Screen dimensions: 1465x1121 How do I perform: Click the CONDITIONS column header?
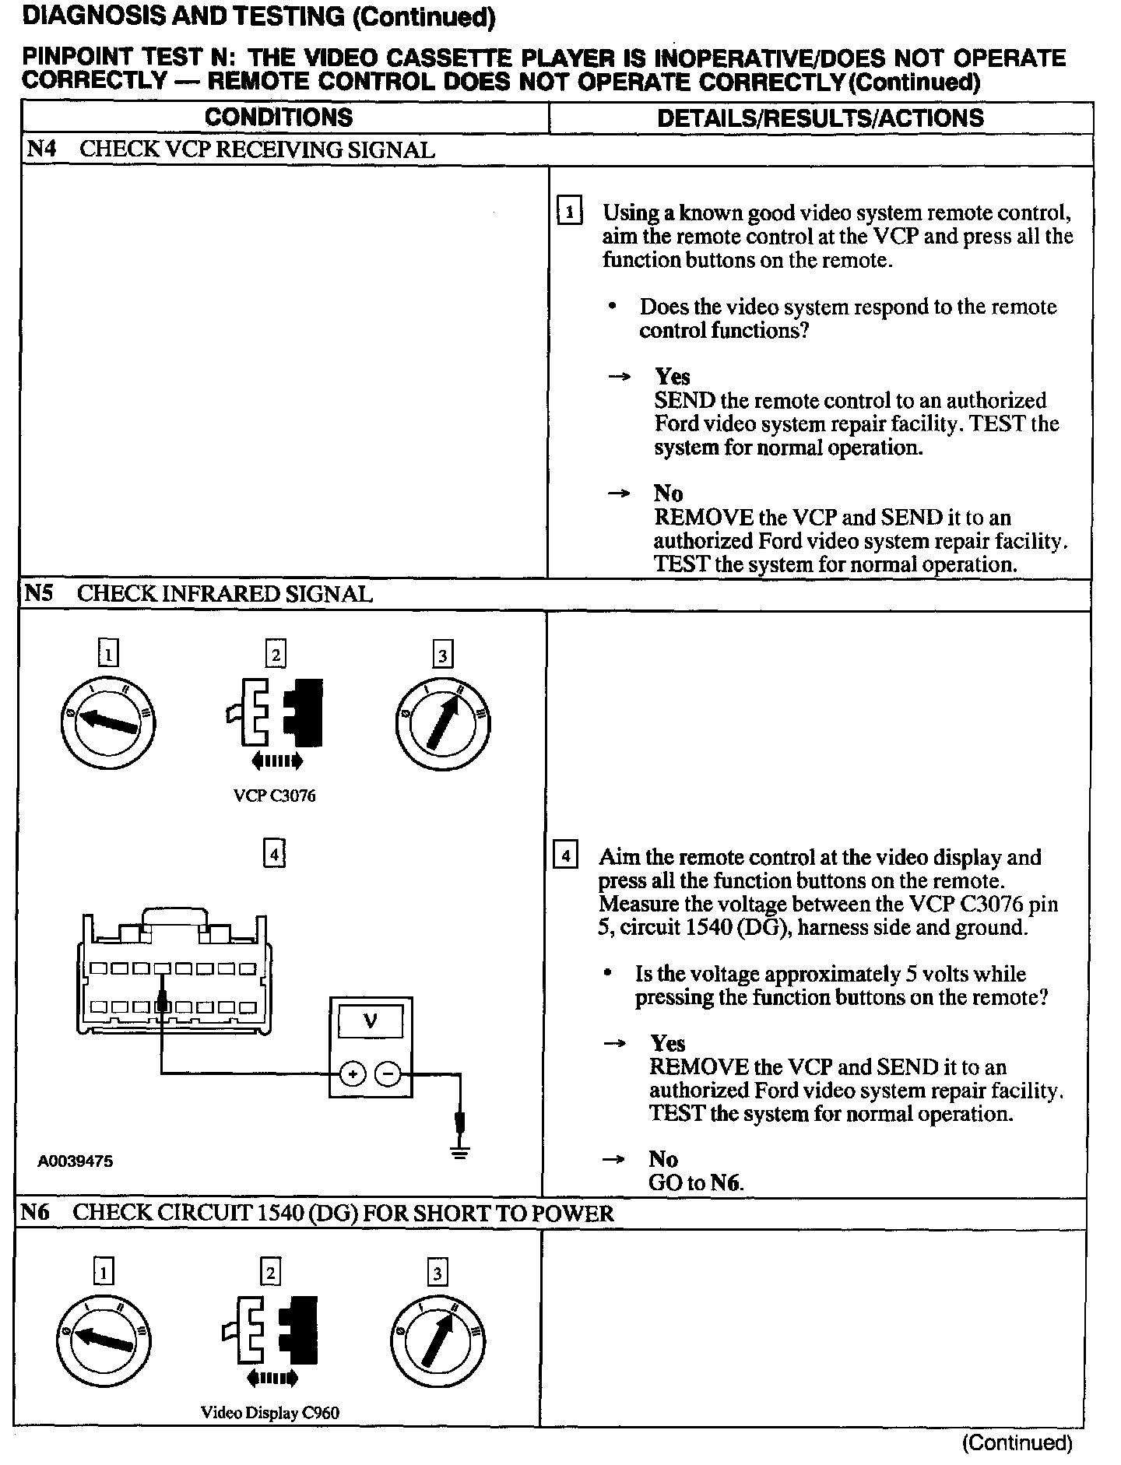pos(278,118)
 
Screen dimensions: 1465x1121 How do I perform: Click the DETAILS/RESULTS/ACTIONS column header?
pos(820,118)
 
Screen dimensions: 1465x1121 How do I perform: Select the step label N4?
pos(40,149)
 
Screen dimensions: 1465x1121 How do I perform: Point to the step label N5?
pos(38,594)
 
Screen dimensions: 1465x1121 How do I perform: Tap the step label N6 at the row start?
pos(35,1212)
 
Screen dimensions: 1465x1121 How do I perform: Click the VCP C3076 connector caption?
pos(274,796)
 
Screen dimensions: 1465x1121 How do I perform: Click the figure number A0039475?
pos(76,1161)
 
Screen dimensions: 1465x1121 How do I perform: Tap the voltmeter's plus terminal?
pos(353,1075)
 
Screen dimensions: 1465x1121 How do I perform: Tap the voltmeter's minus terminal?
pos(388,1075)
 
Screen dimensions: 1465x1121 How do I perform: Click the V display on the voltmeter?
pos(371,1021)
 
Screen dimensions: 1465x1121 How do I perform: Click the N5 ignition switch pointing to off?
pos(107,723)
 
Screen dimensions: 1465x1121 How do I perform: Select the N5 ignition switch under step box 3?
pos(442,723)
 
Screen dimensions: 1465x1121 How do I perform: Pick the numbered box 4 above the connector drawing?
pos(274,854)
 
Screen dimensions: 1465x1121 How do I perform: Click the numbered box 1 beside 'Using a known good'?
pos(570,212)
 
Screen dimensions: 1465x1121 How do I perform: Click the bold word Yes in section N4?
pos(672,377)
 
